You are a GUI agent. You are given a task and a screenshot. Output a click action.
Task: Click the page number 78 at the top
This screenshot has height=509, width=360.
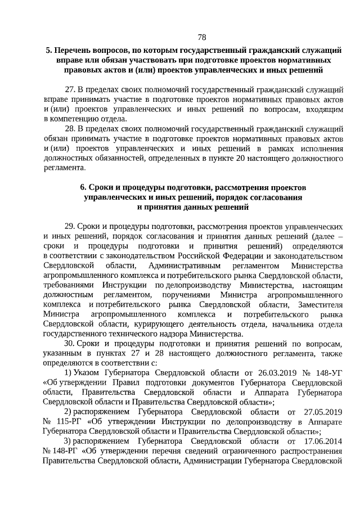[x=202, y=37]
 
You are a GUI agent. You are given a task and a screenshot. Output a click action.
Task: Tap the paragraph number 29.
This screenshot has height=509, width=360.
[x=70, y=226]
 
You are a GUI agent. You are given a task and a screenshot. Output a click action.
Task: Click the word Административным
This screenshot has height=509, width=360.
[x=183, y=265]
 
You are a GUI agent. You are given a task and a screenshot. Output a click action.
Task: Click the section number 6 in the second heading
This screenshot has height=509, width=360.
[x=83, y=187]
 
